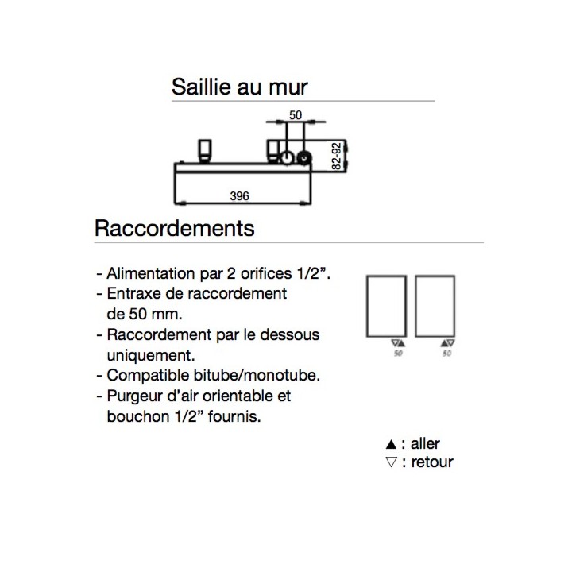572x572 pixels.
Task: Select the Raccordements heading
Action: [174, 228]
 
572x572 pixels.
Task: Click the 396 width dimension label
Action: [239, 196]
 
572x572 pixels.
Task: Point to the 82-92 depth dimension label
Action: [337, 157]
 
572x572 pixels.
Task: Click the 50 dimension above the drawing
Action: [296, 115]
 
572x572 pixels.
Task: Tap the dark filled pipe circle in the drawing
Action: [303, 158]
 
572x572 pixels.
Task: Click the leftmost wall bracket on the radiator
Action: [205, 150]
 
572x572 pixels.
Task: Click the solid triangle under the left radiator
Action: [402, 343]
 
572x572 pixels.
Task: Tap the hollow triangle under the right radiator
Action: [451, 343]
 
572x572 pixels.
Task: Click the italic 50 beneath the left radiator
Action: [398, 354]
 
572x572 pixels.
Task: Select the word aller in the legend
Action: [425, 444]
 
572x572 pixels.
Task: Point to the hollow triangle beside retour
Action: [391, 462]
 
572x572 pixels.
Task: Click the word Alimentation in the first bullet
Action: [151, 273]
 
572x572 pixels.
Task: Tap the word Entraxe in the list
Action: [134, 294]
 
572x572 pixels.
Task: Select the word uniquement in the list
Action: [151, 356]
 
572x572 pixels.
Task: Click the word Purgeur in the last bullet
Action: [134, 396]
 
